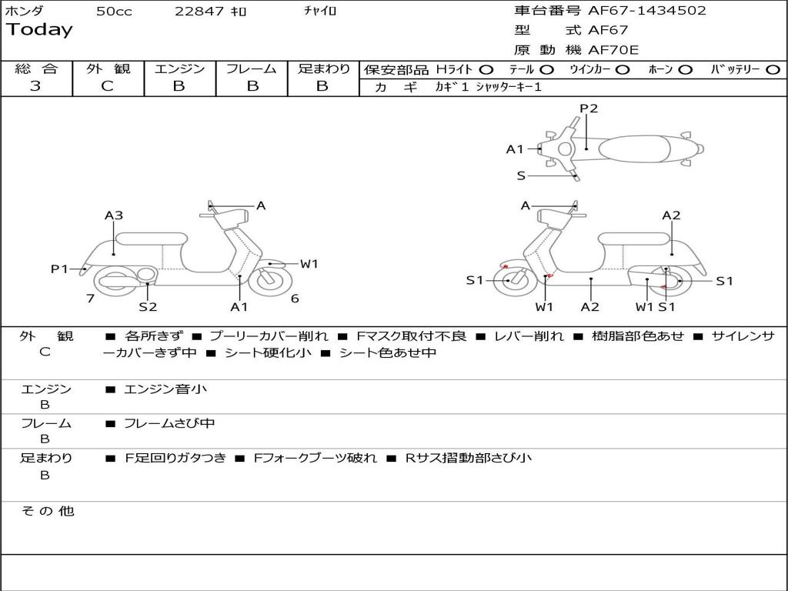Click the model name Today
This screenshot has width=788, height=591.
pyautogui.click(x=39, y=30)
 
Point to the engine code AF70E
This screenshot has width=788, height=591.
pyautogui.click(x=613, y=50)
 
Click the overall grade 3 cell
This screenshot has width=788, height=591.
pyautogui.click(x=35, y=86)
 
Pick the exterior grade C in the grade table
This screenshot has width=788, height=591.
pyautogui.click(x=108, y=86)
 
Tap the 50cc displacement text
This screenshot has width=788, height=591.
pyautogui.click(x=114, y=12)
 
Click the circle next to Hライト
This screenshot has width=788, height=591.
pyautogui.click(x=486, y=69)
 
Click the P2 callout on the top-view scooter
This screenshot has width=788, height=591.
pyautogui.click(x=589, y=109)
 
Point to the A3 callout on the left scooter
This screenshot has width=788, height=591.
pyautogui.click(x=114, y=215)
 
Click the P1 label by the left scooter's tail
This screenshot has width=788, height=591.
pyautogui.click(x=59, y=269)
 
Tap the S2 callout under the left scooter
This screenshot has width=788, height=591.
pyautogui.click(x=148, y=307)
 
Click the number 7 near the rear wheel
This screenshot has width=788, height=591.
pyautogui.click(x=90, y=299)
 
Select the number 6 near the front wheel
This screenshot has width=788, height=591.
pyautogui.click(x=295, y=299)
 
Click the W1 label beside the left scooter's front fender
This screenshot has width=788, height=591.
pyautogui.click(x=309, y=264)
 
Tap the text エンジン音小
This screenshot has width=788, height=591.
pyautogui.click(x=165, y=389)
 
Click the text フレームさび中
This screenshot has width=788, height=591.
pyautogui.click(x=169, y=423)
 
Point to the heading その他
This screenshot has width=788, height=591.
pyautogui.click(x=48, y=511)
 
